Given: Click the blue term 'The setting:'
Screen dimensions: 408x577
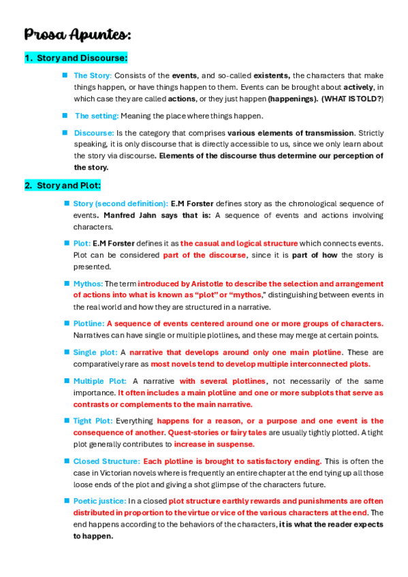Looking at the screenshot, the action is click(x=97, y=116).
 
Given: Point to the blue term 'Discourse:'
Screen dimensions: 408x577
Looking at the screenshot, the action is click(x=94, y=133).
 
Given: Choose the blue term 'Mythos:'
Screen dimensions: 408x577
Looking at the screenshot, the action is click(x=88, y=284).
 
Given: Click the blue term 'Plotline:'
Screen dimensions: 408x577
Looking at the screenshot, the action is click(x=89, y=323).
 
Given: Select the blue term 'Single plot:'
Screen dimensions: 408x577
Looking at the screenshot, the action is click(x=95, y=352).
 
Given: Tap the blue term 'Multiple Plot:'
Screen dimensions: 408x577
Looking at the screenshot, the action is click(x=99, y=381).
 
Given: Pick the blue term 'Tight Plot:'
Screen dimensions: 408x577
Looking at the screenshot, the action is click(x=93, y=421).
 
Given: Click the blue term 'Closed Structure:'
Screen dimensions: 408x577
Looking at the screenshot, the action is click(x=106, y=461).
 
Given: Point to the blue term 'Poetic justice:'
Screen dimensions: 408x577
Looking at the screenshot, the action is click(x=99, y=501).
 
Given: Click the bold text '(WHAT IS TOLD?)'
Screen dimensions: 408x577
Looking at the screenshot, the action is click(x=352, y=99).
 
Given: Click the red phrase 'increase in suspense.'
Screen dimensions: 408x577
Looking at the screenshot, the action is click(x=214, y=444).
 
